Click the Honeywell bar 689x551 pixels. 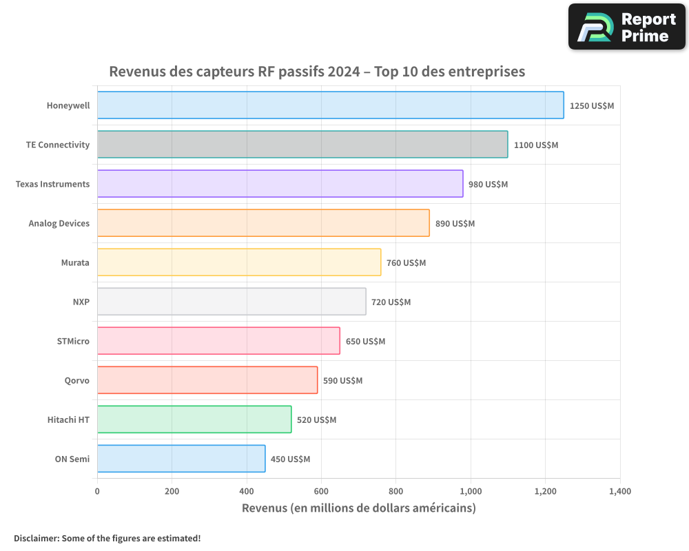(x=330, y=105)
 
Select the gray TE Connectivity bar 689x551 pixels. (x=302, y=145)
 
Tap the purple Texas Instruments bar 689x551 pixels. (x=280, y=184)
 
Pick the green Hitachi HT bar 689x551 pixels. (x=194, y=419)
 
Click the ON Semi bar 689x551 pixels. (x=181, y=459)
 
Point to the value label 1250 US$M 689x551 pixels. (x=591, y=106)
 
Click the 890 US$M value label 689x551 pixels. (x=455, y=224)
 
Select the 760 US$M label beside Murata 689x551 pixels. (x=406, y=263)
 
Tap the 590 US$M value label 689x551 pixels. (x=342, y=381)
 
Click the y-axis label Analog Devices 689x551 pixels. (x=59, y=223)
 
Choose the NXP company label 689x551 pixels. (x=81, y=302)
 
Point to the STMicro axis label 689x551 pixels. (x=73, y=341)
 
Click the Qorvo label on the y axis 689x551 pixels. (x=76, y=380)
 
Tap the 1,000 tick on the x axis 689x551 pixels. (x=471, y=492)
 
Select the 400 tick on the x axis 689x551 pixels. (x=247, y=492)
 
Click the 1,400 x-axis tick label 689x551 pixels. (x=619, y=492)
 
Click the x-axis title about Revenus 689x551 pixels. (x=358, y=508)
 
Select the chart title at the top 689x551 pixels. (x=317, y=72)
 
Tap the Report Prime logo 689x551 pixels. (x=626, y=27)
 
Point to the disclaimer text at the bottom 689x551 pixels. (x=107, y=538)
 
